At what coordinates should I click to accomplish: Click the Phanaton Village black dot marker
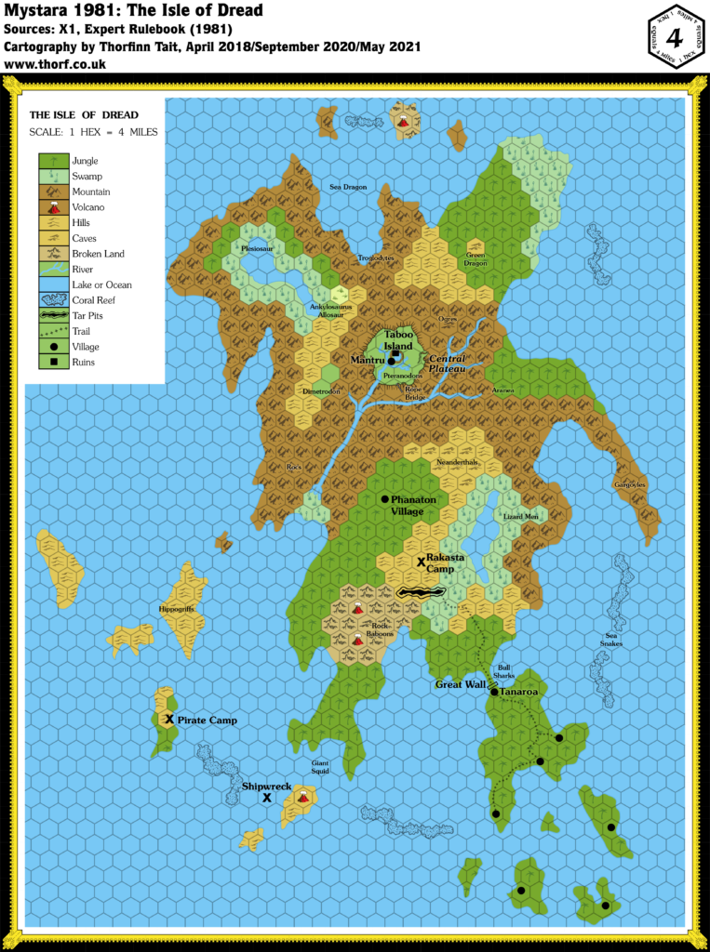tap(383, 499)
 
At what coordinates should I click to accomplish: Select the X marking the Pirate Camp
tap(169, 720)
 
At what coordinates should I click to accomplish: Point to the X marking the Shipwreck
tap(267, 798)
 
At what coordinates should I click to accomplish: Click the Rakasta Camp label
tap(446, 562)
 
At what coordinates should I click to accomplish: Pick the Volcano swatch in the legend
tap(54, 207)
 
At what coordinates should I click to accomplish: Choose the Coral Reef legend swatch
tap(54, 300)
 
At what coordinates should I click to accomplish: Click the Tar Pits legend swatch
tap(54, 316)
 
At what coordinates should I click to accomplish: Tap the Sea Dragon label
tap(348, 187)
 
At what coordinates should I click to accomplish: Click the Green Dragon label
tap(476, 258)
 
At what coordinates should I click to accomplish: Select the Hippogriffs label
tap(177, 609)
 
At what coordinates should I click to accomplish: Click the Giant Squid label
tap(321, 766)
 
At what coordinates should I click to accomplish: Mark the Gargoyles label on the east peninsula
tap(630, 484)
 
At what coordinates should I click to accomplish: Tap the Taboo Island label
tap(399, 339)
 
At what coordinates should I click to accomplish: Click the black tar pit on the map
tap(421, 591)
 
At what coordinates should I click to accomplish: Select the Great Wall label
tap(461, 685)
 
